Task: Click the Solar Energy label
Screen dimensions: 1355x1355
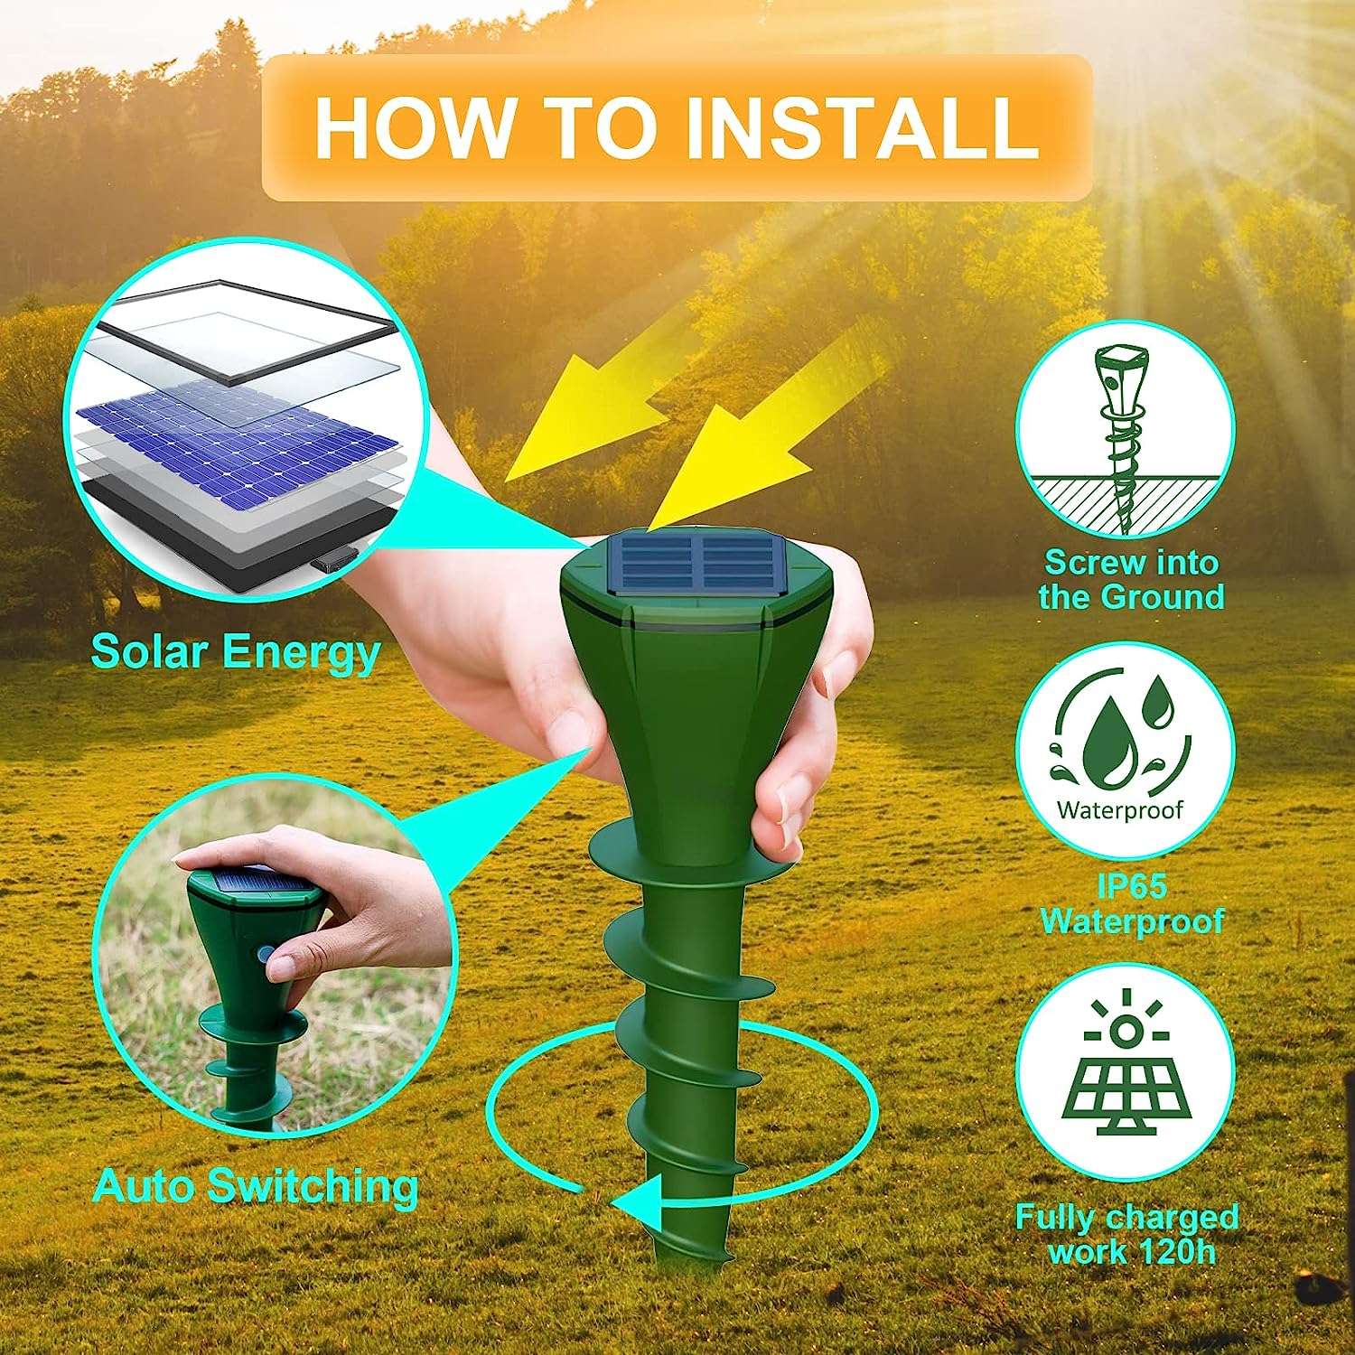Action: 235,651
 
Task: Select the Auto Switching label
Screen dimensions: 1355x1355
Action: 256,1185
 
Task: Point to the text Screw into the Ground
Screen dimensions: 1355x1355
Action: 1131,580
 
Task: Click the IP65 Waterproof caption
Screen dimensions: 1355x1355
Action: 1131,903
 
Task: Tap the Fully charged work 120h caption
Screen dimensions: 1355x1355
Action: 1126,1234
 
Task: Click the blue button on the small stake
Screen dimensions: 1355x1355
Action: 266,955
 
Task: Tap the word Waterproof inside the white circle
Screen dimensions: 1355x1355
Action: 1120,809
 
